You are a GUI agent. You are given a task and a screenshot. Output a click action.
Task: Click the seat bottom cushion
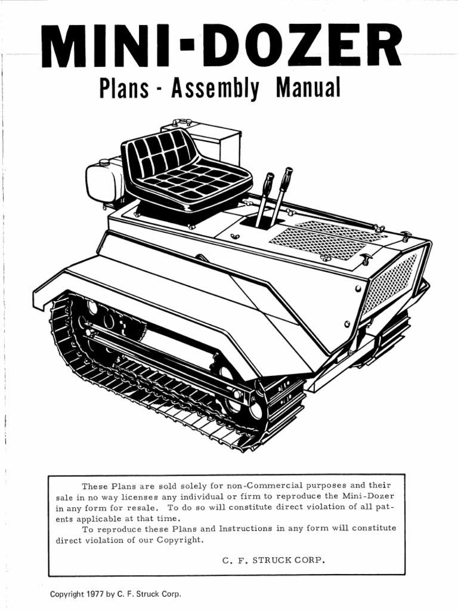coord(197,182)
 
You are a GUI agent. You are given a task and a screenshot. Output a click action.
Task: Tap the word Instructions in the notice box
coord(246,529)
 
